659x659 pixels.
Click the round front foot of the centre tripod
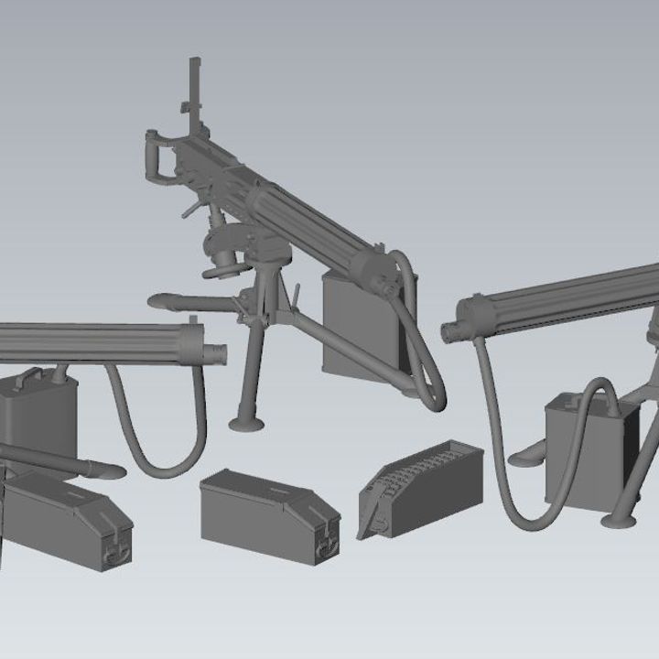pyautogui.click(x=248, y=422)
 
